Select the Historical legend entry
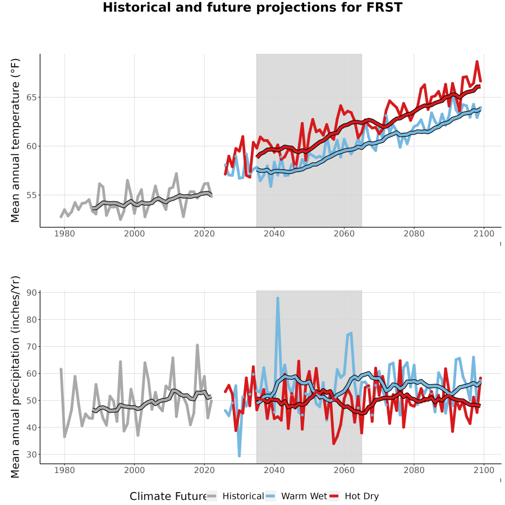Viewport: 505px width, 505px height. click(x=235, y=496)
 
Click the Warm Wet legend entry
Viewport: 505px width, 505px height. click(x=296, y=496)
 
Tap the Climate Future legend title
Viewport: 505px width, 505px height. click(x=168, y=497)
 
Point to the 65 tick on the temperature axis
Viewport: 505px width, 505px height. click(x=31, y=97)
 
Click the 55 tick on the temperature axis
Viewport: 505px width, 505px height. click(x=31, y=195)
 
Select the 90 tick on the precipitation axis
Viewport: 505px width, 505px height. click(x=31, y=292)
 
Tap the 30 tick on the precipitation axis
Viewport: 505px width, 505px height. click(x=31, y=454)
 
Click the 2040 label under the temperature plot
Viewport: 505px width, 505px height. click(x=274, y=233)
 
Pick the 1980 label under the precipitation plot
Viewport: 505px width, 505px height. click(x=65, y=470)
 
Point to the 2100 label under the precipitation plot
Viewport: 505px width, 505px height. click(x=484, y=470)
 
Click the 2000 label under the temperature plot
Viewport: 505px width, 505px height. click(x=134, y=233)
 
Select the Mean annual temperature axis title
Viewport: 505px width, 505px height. click(x=15, y=140)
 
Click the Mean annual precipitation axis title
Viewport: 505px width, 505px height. click(x=15, y=377)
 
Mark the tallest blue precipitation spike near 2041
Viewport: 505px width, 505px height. click(x=278, y=299)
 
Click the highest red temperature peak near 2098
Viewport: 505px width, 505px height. click(x=477, y=62)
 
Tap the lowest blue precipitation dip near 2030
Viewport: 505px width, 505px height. click(x=239, y=456)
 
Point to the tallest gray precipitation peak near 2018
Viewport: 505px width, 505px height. click(x=197, y=345)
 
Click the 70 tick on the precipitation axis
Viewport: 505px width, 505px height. click(x=31, y=347)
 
